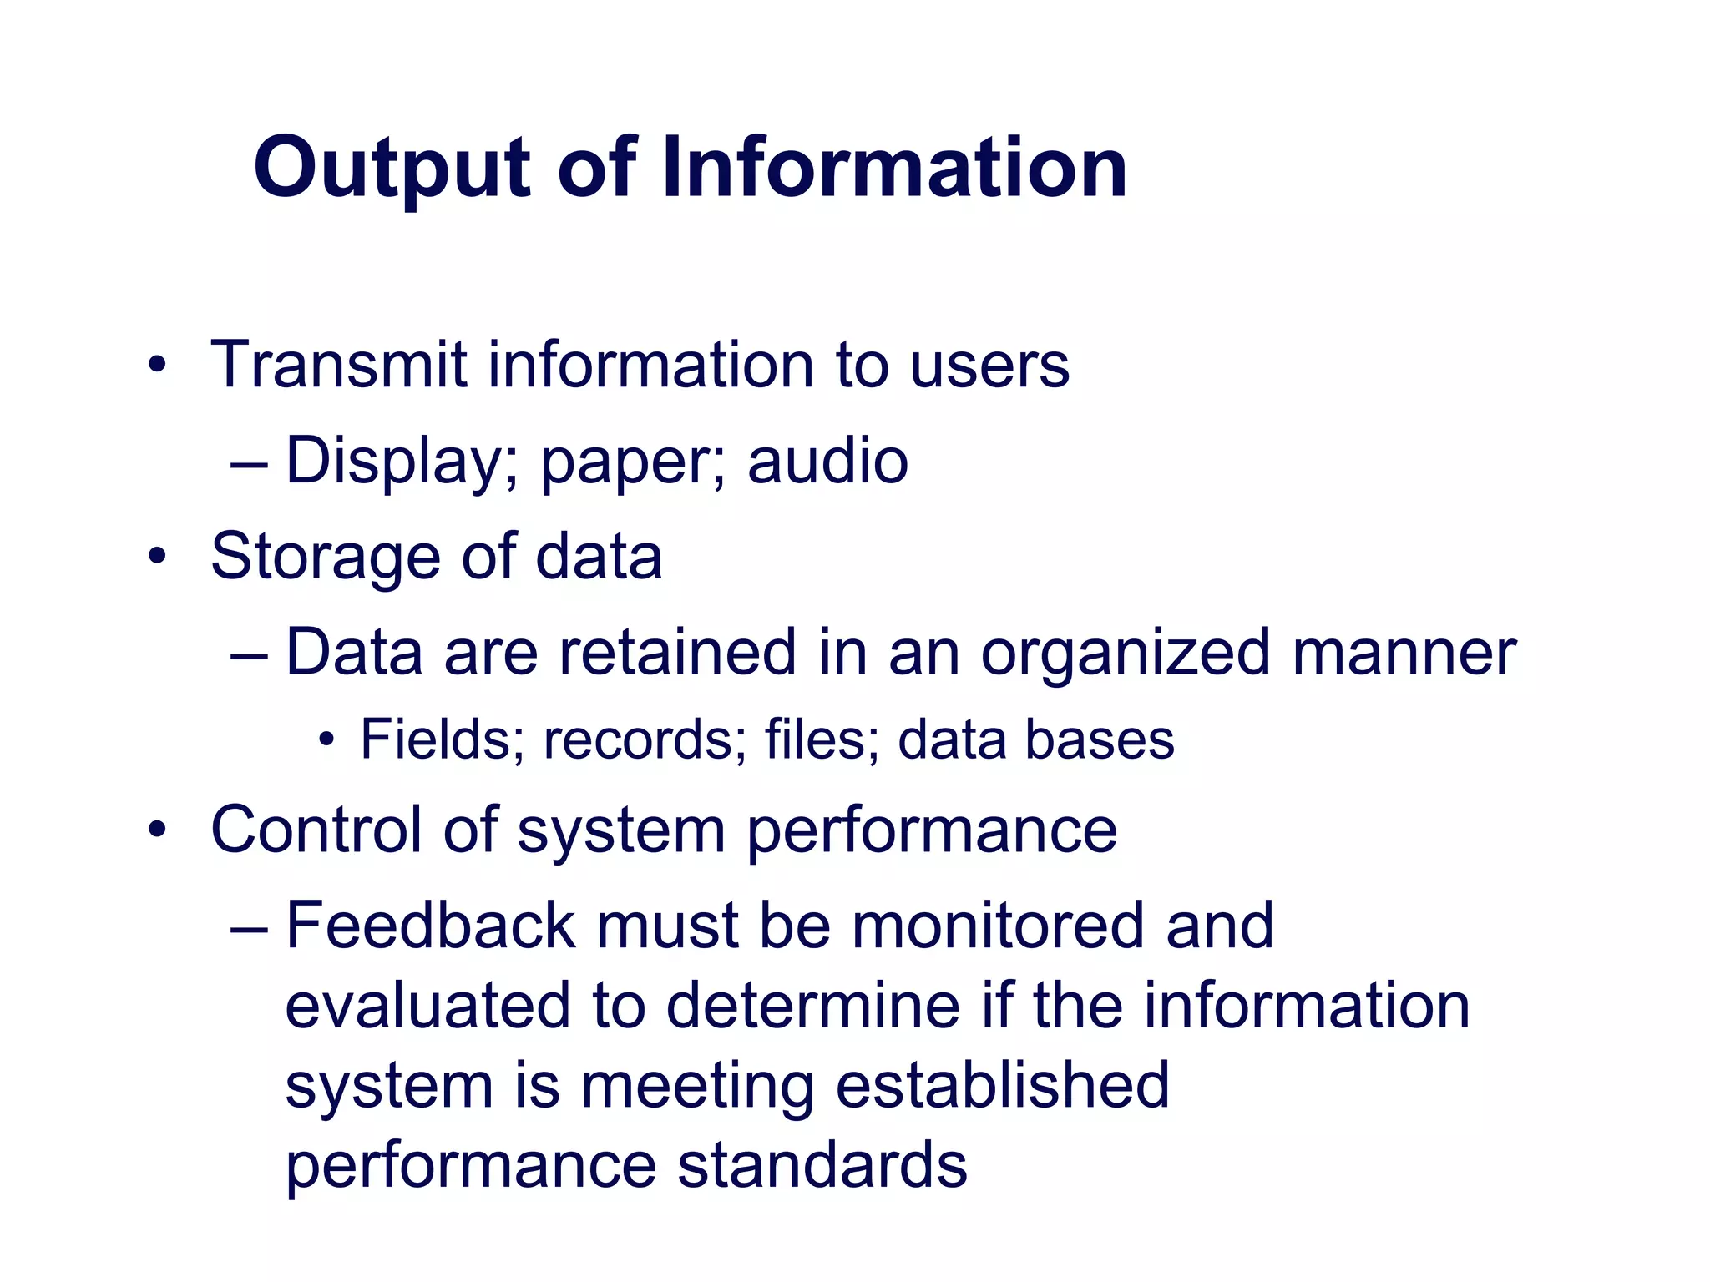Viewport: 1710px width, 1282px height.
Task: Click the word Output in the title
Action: coord(392,169)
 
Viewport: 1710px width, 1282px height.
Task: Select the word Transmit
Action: coord(338,365)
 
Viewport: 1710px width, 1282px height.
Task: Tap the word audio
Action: coord(827,461)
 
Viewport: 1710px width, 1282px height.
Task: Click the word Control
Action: coord(316,830)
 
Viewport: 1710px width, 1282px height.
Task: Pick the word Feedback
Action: coord(431,926)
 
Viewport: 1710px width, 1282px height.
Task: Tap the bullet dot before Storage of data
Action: coord(157,557)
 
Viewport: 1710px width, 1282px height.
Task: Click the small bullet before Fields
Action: coord(326,739)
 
